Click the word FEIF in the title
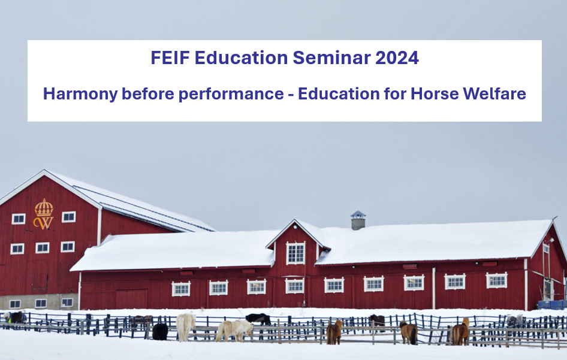[x=170, y=58]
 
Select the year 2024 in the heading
[x=397, y=58]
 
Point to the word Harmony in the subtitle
[x=80, y=94]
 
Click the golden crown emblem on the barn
[x=44, y=214]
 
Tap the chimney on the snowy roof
[x=358, y=220]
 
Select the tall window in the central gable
[x=296, y=253]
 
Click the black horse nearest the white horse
[x=160, y=331]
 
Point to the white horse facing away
[x=186, y=326]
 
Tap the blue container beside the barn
[x=552, y=305]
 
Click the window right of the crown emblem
[x=69, y=217]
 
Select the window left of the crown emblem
[x=19, y=219]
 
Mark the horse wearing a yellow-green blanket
[x=15, y=317]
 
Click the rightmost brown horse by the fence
[x=461, y=331]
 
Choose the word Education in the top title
[x=241, y=58]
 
